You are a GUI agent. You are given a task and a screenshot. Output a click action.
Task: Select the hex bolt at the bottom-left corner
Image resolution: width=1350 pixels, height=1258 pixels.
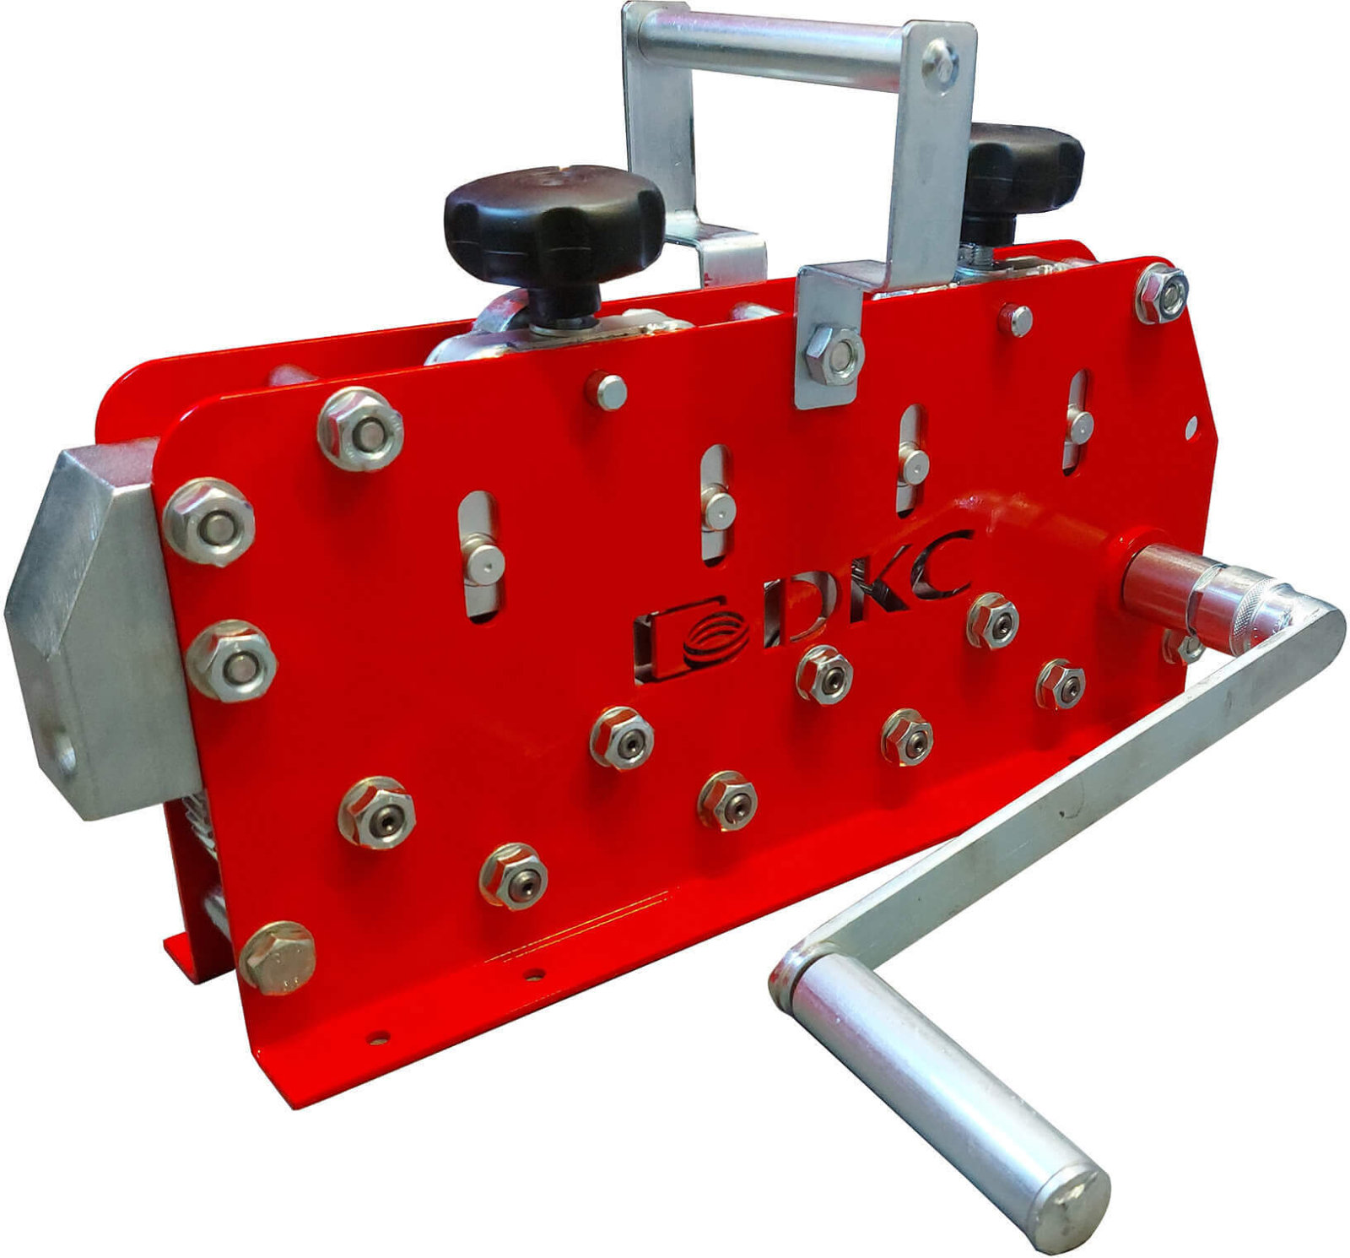click(x=277, y=957)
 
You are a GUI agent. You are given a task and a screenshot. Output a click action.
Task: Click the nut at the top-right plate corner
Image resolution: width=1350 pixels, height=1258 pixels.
click(x=1162, y=293)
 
